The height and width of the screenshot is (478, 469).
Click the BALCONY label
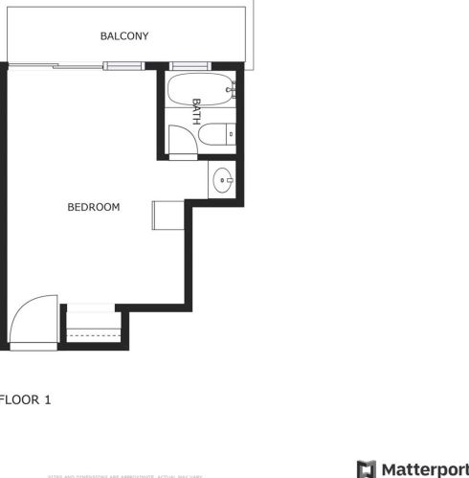tap(124, 36)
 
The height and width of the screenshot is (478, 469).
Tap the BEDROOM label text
tap(93, 206)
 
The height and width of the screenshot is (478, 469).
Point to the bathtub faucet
tap(230, 92)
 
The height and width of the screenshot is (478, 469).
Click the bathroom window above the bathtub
tap(202, 66)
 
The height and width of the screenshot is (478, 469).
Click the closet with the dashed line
tap(92, 331)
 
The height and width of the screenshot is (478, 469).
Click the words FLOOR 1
tap(23, 400)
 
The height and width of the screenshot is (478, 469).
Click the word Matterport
tap(424, 468)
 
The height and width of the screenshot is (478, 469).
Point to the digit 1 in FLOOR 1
tap(45, 400)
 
